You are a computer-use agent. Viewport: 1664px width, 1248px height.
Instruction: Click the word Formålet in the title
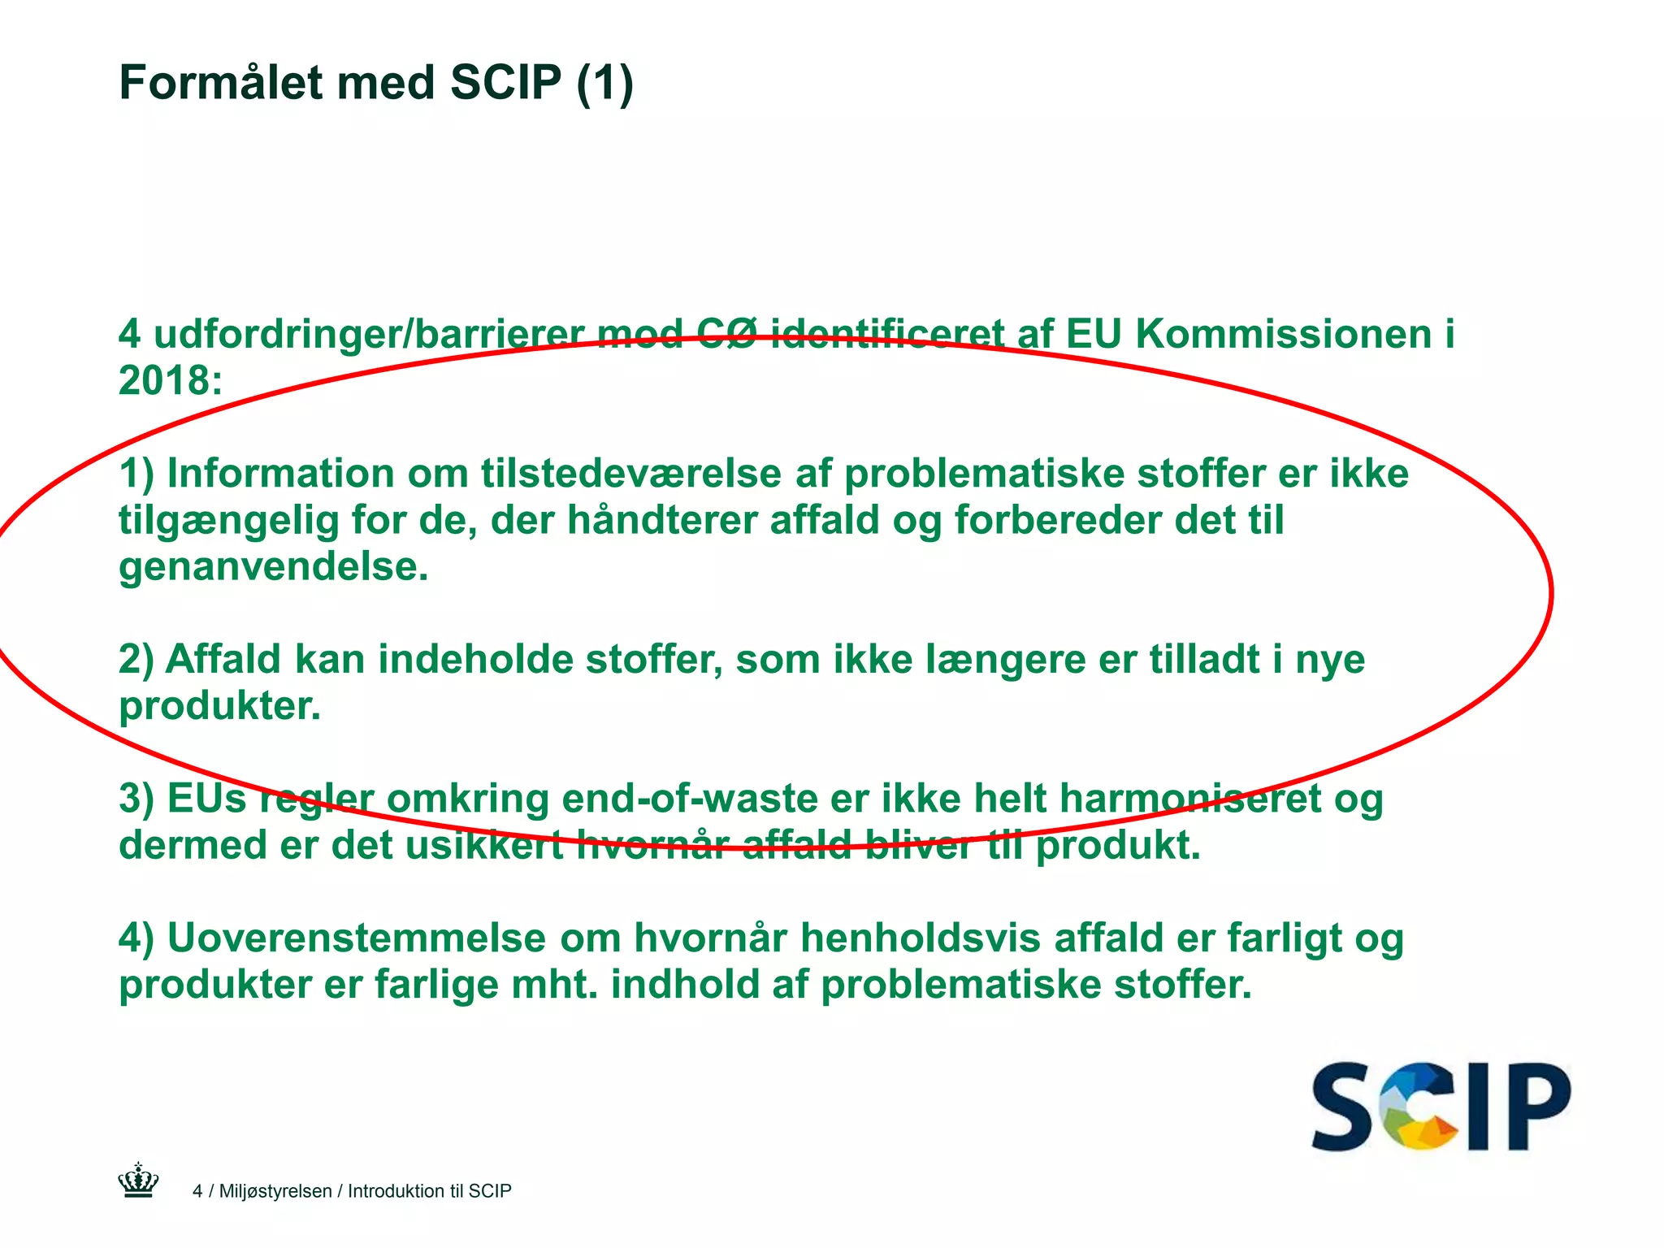[x=219, y=83]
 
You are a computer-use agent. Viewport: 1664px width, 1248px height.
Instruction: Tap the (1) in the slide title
[x=604, y=83]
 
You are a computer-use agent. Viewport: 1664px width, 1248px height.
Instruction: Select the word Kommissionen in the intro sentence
[x=1283, y=334]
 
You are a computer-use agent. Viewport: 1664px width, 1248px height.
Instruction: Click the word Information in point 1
[x=280, y=474]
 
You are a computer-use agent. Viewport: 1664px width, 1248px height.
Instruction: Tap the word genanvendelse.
[x=273, y=566]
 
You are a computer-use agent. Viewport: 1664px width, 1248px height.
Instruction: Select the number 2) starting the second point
[x=136, y=659]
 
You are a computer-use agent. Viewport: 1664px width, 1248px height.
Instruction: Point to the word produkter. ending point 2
[x=219, y=705]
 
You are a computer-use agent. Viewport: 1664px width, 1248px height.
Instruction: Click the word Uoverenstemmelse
[x=357, y=938]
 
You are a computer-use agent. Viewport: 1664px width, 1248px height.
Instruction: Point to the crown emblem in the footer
[x=138, y=1181]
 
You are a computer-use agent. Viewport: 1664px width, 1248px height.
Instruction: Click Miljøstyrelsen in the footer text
[x=275, y=1191]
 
